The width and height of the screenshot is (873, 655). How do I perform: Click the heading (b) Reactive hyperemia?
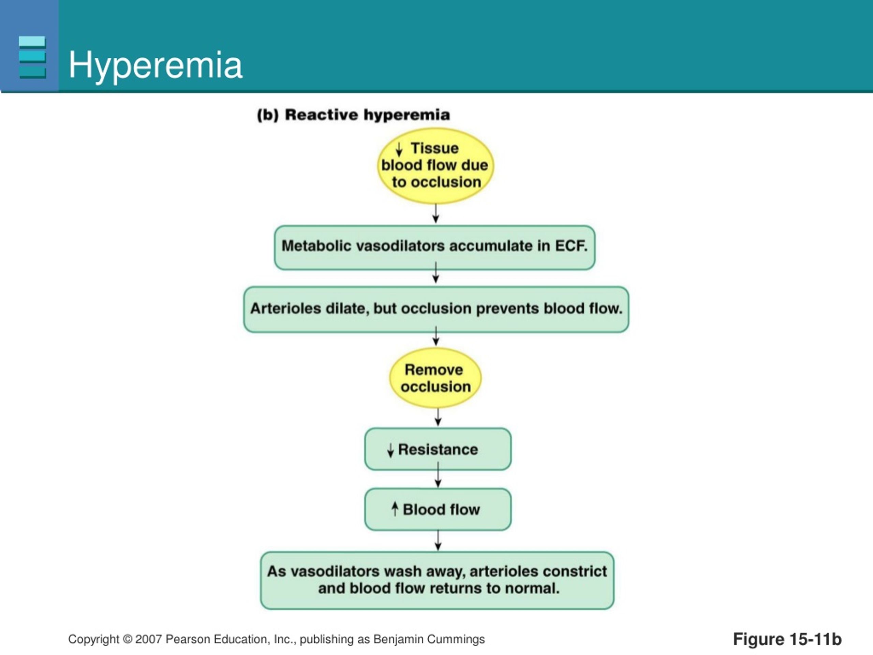point(353,115)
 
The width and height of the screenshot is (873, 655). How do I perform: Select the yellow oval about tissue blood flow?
point(435,166)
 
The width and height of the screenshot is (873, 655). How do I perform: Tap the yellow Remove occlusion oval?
point(435,378)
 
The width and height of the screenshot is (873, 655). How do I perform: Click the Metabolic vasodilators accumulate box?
point(434,248)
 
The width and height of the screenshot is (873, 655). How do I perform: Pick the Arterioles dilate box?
point(436,309)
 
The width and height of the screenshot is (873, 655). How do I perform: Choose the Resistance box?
point(438,449)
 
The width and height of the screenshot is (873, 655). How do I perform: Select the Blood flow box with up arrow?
point(438,509)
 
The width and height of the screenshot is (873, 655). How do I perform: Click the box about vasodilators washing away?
point(437,580)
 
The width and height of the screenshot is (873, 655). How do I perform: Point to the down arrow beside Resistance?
point(390,450)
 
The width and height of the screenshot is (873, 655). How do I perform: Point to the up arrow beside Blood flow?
point(394,509)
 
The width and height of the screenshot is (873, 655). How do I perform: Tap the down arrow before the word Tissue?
point(399,149)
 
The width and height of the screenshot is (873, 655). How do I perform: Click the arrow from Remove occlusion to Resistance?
point(438,417)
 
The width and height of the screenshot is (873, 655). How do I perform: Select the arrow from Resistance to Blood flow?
point(438,475)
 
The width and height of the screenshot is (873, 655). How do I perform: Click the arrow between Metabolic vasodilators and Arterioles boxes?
point(435,273)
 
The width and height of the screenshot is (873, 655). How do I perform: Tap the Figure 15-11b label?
point(787,639)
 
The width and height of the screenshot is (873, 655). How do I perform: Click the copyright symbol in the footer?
point(127,639)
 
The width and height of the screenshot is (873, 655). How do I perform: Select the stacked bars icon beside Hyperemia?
point(32,57)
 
